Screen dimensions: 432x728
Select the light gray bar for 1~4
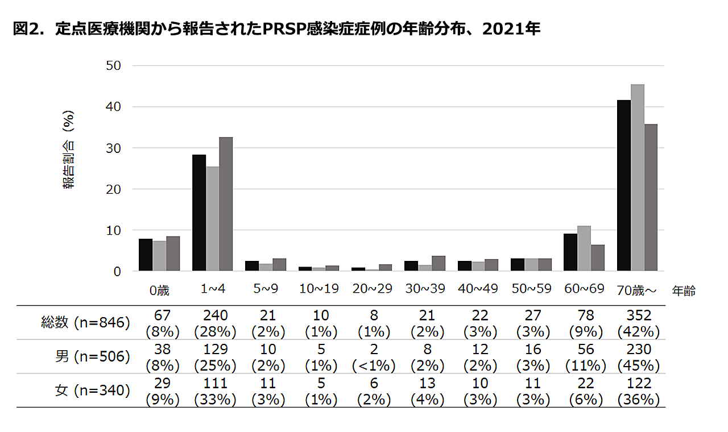pos(212,219)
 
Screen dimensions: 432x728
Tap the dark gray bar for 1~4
pos(226,204)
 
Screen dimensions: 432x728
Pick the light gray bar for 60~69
pos(584,248)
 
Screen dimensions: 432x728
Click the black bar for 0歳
pos(146,255)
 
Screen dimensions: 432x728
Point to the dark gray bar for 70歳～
pos(651,198)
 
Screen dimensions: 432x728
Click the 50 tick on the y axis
pos(114,65)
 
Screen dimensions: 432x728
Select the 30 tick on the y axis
pos(114,148)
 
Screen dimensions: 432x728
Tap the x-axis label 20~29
pos(372,289)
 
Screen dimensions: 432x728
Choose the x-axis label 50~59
pos(531,289)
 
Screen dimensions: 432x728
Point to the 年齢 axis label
pos(683,290)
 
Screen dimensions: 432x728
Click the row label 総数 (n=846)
pos(86,323)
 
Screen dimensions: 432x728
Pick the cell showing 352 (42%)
pos(638,323)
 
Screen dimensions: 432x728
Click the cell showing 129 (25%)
pos(214,357)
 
